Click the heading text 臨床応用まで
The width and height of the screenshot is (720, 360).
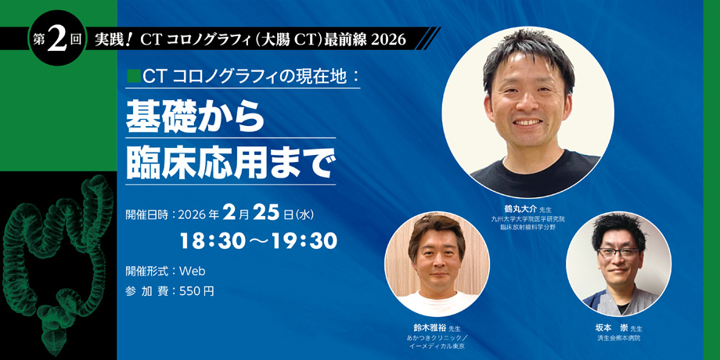[229, 163]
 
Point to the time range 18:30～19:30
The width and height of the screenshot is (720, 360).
[258, 241]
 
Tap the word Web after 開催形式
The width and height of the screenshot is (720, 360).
[192, 271]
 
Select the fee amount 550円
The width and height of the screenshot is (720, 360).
[196, 291]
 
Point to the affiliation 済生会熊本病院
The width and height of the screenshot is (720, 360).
[618, 338]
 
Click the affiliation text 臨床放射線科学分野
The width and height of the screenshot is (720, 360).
[527, 228]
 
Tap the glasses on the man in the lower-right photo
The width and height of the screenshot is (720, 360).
[618, 253]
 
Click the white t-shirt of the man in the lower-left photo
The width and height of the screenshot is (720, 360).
[437, 303]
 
